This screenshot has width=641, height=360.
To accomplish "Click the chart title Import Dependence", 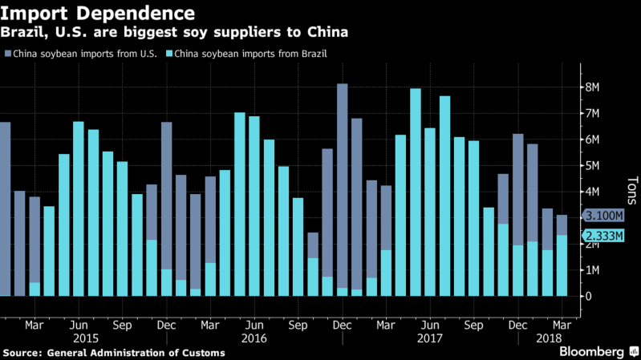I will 97,14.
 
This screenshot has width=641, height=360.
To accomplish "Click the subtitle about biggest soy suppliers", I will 175,33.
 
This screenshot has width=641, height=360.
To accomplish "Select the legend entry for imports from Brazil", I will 230,54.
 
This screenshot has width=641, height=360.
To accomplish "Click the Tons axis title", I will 631,192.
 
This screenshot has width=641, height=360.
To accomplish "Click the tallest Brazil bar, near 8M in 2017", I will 416,192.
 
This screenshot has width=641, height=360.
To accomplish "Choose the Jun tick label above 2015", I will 79,326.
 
